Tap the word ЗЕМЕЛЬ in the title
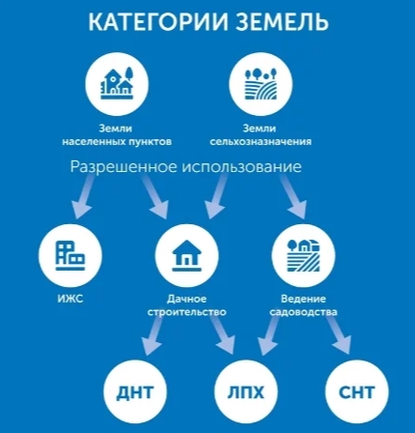283,22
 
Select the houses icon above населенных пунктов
117,83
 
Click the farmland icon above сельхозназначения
261,83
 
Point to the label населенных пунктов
117,142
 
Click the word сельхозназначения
261,142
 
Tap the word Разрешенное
124,167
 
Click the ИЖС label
70,299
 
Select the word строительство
187,312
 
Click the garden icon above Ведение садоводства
303,255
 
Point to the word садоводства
303,312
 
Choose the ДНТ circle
134,392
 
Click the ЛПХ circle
245,392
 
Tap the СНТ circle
357,392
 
